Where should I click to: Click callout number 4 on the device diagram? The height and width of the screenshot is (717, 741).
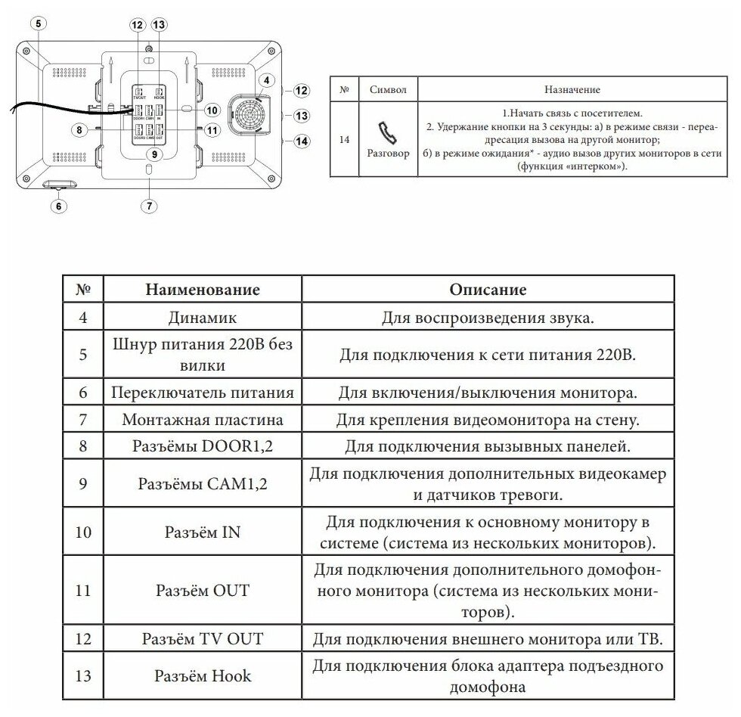click(265, 81)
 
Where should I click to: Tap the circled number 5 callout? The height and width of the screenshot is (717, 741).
click(39, 23)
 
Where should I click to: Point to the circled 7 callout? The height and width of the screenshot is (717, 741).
click(150, 205)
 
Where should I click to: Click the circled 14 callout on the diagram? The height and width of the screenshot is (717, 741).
click(302, 141)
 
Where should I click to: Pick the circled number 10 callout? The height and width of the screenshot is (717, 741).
click(212, 110)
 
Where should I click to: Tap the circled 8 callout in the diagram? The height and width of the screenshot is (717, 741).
click(78, 129)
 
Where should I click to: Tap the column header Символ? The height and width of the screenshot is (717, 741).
click(388, 89)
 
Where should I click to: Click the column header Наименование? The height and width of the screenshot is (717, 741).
click(202, 290)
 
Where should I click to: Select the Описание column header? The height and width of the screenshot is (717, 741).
click(488, 290)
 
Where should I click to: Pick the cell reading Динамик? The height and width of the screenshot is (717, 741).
click(202, 318)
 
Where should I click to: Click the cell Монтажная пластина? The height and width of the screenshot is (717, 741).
click(202, 419)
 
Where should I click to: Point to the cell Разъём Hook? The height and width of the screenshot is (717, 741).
click(202, 676)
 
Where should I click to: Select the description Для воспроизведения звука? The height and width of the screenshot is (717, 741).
click(488, 318)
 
